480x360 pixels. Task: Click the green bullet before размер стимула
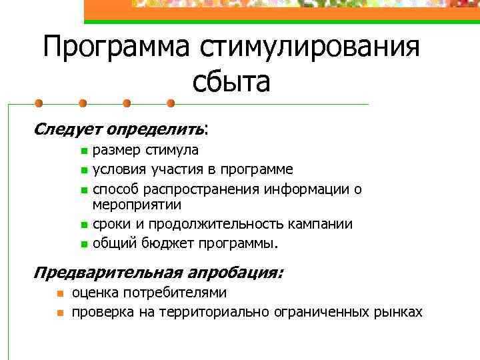[x=83, y=152]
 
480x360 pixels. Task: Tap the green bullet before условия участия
[x=83, y=170]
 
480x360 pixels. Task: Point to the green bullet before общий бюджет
[x=83, y=243]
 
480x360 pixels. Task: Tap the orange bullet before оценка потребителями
[x=60, y=293]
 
